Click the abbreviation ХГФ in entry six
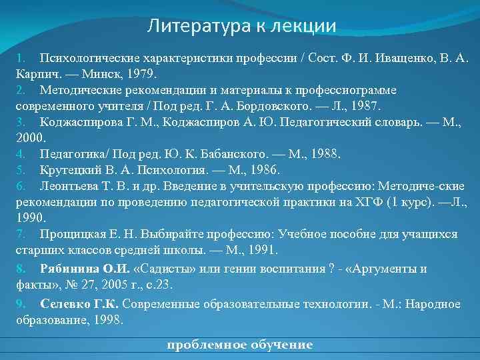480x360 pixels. click(356, 203)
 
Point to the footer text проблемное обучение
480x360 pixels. click(239, 345)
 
